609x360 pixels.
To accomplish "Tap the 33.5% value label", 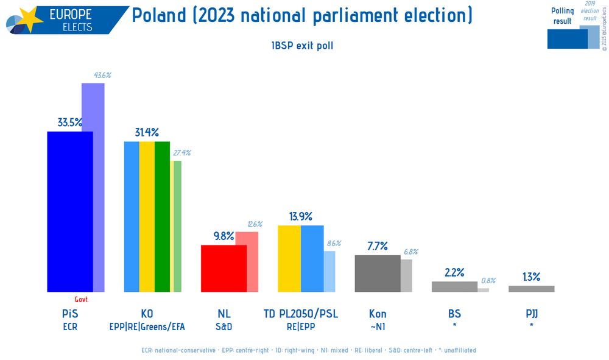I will [70, 122].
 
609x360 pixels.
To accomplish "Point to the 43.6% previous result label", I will [102, 75].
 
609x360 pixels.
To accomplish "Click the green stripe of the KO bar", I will [162, 216].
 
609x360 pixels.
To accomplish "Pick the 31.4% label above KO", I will [147, 132].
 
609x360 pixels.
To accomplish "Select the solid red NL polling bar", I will [224, 268].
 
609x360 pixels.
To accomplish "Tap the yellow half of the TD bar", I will [289, 258].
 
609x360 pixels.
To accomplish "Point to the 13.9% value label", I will [300, 216].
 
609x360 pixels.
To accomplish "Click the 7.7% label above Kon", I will [377, 246].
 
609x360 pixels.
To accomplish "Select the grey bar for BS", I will [454, 286].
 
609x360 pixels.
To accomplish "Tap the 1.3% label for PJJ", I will [531, 277].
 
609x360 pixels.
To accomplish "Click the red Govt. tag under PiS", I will [82, 299].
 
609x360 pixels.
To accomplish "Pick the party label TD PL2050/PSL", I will [300, 314].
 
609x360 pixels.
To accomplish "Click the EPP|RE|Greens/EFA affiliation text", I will [147, 327].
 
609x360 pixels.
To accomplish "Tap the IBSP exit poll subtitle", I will [302, 46].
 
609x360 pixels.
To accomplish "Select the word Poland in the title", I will [159, 15].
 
